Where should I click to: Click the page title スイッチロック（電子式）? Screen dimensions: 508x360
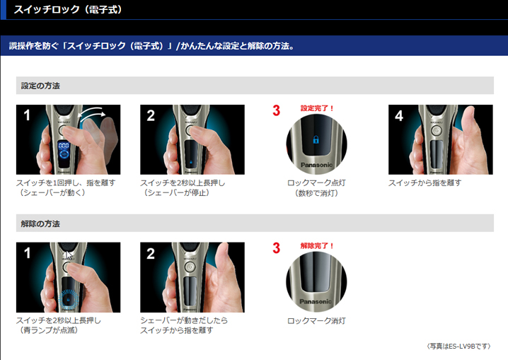pyautogui.click(x=68, y=9)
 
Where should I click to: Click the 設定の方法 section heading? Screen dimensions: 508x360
pyautogui.click(x=40, y=86)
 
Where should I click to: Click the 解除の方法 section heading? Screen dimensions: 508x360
pyautogui.click(x=40, y=223)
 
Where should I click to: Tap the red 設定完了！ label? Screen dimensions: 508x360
pyautogui.click(x=317, y=108)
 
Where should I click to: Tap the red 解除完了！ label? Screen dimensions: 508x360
pyautogui.click(x=317, y=245)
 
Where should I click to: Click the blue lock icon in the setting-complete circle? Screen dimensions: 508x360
pyautogui.click(x=316, y=139)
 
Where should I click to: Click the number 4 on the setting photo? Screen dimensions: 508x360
pyautogui.click(x=399, y=115)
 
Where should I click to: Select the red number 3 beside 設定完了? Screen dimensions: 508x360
pyautogui.click(x=277, y=110)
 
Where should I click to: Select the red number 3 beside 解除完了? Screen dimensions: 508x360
pyautogui.click(x=277, y=248)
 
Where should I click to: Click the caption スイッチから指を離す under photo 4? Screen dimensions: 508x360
pyautogui.click(x=425, y=183)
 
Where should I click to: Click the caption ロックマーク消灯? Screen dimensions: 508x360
pyautogui.click(x=316, y=321)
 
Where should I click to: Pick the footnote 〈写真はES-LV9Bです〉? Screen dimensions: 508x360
pyautogui.click(x=458, y=346)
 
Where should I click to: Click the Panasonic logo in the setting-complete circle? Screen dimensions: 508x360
pyautogui.click(x=316, y=165)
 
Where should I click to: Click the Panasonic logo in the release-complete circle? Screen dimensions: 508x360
pyautogui.click(x=316, y=301)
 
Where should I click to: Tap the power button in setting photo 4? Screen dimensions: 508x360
pyautogui.click(x=437, y=131)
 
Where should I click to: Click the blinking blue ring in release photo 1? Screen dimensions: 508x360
pyautogui.click(x=68, y=299)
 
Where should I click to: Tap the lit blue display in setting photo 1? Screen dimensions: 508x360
pyautogui.click(x=64, y=150)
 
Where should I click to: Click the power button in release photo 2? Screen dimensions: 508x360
pyautogui.click(x=190, y=267)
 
